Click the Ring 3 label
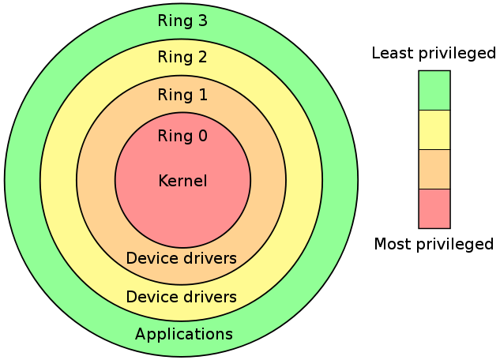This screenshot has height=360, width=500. pyautogui.click(x=182, y=21)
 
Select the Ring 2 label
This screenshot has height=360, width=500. pyautogui.click(x=182, y=57)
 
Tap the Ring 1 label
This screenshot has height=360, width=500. pyautogui.click(x=182, y=95)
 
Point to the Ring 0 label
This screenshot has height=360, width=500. pyautogui.click(x=182, y=136)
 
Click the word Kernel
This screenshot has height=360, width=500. pyautogui.click(x=182, y=181)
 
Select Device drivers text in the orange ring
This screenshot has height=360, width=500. pyautogui.click(x=182, y=258)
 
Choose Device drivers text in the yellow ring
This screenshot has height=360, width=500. pyautogui.click(x=182, y=297)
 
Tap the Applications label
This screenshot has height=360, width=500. pyautogui.click(x=184, y=335)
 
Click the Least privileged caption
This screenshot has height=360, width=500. pyautogui.click(x=434, y=53)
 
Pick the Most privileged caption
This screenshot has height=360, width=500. pyautogui.click(x=434, y=245)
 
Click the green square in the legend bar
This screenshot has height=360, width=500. pyautogui.click(x=434, y=91)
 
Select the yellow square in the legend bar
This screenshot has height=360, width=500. pyautogui.click(x=434, y=130)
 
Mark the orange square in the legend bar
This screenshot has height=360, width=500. pyautogui.click(x=434, y=170)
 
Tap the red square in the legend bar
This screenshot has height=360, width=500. pyautogui.click(x=434, y=208)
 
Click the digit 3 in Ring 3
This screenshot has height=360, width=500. pyautogui.click(x=202, y=21)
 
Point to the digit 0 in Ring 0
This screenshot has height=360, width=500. pyautogui.click(x=202, y=136)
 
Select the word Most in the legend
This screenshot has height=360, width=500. pyautogui.click(x=393, y=244)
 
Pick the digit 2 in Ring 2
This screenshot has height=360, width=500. pyautogui.click(x=202, y=57)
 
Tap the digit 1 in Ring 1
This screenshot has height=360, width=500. pyautogui.click(x=203, y=95)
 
